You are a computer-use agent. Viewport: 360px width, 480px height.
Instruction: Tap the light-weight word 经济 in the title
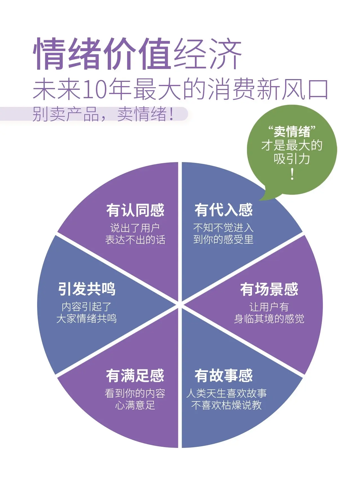208,54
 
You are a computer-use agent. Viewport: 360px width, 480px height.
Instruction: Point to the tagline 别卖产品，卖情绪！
103,114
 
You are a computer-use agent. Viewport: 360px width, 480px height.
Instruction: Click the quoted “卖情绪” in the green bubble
292,131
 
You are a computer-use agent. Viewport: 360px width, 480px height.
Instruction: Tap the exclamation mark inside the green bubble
292,174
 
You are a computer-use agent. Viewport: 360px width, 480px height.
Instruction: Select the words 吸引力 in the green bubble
292,159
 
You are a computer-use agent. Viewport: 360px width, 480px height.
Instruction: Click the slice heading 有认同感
135,210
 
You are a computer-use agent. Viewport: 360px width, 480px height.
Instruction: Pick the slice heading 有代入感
224,210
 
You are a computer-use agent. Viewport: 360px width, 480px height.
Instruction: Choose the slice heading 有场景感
269,289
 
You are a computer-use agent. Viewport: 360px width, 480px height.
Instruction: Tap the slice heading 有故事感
224,376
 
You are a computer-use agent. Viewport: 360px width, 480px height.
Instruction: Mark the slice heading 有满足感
135,376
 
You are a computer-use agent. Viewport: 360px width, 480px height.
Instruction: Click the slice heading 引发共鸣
87,289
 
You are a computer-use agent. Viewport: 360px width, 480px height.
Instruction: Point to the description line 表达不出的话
135,240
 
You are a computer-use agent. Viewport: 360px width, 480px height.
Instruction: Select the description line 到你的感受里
223,239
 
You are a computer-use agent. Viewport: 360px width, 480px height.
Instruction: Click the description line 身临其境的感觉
269,319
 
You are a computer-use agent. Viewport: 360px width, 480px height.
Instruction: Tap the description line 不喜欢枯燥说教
226,405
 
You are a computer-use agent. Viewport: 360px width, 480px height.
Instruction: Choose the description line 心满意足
135,405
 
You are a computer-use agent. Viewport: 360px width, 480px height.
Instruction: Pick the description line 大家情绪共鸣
87,318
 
